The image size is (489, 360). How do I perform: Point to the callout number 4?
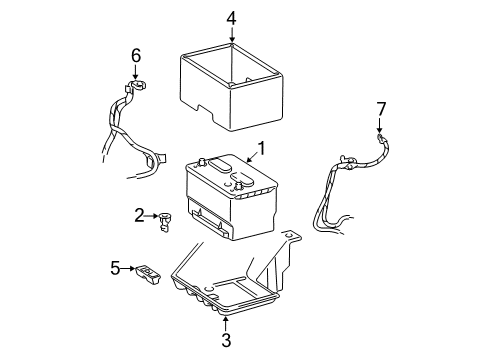click(231, 17)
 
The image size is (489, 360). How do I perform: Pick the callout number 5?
click(116, 267)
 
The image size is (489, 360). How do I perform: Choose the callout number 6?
click(137, 56)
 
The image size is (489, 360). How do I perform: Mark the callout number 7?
click(380, 107)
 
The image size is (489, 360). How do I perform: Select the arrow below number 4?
click(231, 35)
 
